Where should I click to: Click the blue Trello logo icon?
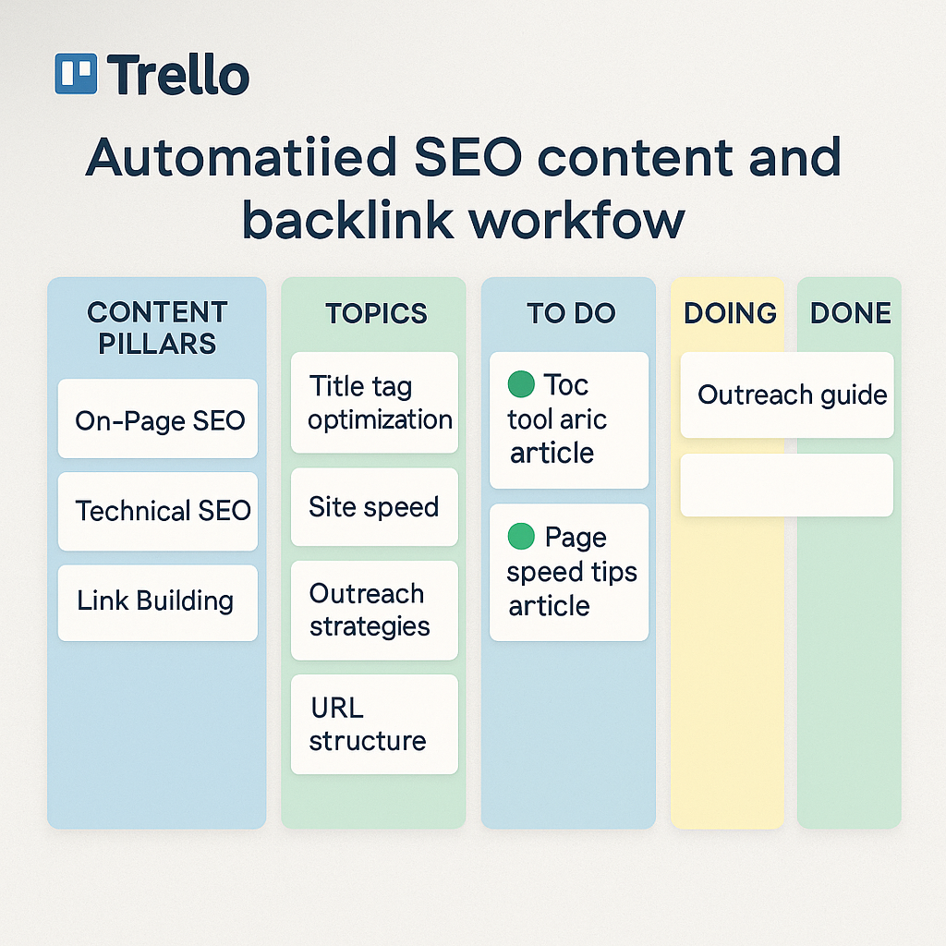click(76, 74)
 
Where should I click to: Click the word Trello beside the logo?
click(178, 74)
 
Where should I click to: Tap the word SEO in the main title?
click(468, 157)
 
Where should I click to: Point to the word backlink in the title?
click(347, 220)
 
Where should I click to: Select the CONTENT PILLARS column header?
click(157, 328)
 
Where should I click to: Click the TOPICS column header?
click(377, 314)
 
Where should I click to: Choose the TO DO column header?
click(571, 313)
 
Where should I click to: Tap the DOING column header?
click(730, 313)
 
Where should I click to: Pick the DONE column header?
click(851, 313)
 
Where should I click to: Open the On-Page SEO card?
click(157, 418)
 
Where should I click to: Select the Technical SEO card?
click(157, 512)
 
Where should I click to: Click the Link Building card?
click(157, 602)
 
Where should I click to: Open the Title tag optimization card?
click(375, 403)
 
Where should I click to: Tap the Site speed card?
click(375, 507)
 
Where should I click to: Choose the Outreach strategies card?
click(375, 610)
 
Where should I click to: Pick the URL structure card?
click(375, 724)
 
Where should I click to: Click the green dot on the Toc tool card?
click(521, 384)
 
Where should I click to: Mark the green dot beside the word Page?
click(521, 537)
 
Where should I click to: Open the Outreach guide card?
click(787, 395)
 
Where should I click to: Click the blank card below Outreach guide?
click(787, 485)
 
